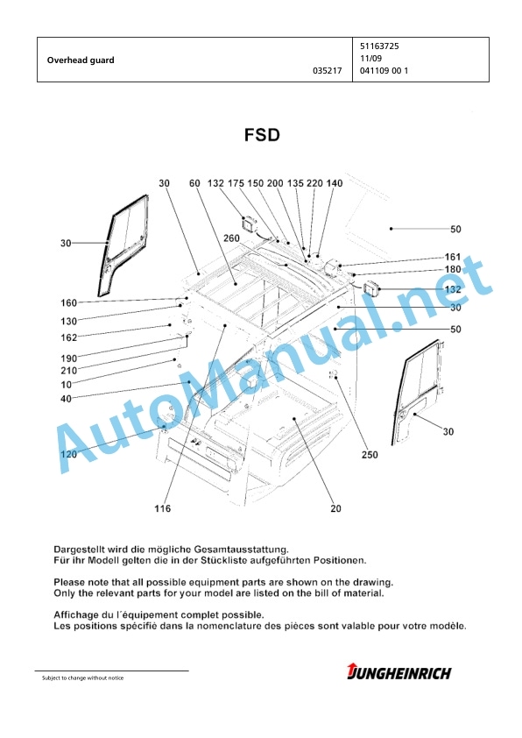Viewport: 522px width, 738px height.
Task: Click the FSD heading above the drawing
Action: point(262,135)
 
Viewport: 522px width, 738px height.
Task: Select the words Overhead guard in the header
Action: point(81,60)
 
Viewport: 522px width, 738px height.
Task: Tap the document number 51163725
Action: point(379,46)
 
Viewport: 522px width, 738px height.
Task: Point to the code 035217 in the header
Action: point(328,71)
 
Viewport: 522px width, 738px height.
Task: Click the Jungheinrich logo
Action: point(399,672)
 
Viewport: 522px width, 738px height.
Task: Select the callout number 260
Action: point(231,238)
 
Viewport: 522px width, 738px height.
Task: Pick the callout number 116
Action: point(163,508)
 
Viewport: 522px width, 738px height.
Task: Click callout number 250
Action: point(370,455)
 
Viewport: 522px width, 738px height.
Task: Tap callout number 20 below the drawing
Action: point(335,508)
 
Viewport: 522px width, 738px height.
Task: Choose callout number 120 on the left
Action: point(68,454)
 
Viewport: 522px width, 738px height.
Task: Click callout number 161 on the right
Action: point(453,257)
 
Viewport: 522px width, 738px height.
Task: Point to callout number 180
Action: point(453,270)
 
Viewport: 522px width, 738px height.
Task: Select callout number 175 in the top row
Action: point(236,183)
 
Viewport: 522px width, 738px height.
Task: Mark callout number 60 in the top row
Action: point(194,183)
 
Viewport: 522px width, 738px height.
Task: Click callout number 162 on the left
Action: point(68,337)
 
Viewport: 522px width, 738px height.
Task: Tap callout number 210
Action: point(68,371)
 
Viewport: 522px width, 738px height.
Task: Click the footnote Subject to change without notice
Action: point(83,678)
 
